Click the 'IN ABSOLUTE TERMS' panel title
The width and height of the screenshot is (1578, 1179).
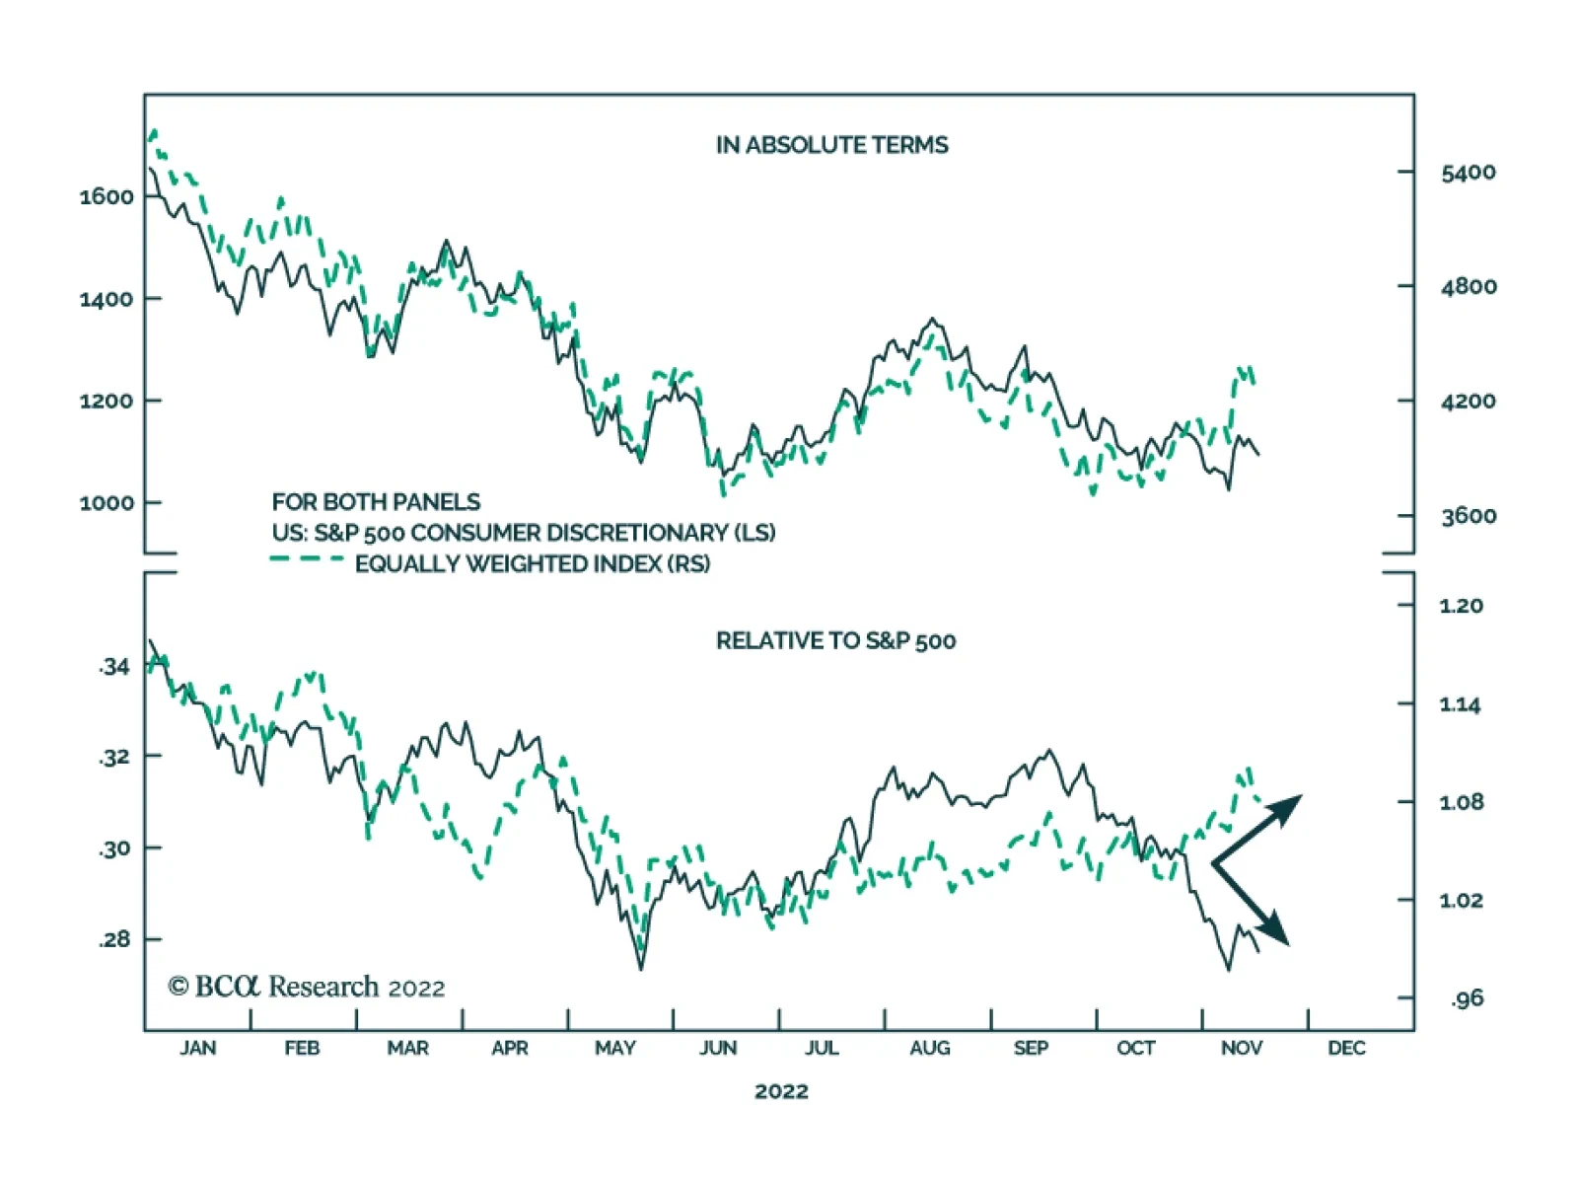831,145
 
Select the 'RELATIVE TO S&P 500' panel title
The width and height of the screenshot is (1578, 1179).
835,641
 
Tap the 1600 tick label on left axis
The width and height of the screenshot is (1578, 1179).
107,196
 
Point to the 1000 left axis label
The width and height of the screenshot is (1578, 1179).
107,502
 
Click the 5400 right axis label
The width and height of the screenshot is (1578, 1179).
1468,173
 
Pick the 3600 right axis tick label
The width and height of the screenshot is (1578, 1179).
1468,516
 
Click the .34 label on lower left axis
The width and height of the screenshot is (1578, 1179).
114,667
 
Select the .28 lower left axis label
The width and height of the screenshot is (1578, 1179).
114,939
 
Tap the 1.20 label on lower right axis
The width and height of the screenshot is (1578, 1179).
1461,606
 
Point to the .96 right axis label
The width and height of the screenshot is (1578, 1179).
1467,998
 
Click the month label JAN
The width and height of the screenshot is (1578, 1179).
197,1048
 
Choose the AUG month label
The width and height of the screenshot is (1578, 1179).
929,1048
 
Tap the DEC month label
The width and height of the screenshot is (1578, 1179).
1346,1048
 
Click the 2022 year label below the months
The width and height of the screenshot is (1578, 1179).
781,1091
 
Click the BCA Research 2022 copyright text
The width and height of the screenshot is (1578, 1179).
307,987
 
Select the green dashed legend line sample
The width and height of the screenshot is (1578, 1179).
306,559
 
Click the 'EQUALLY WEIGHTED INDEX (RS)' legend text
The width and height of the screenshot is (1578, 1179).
533,564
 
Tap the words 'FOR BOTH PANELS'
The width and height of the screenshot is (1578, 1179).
376,502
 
